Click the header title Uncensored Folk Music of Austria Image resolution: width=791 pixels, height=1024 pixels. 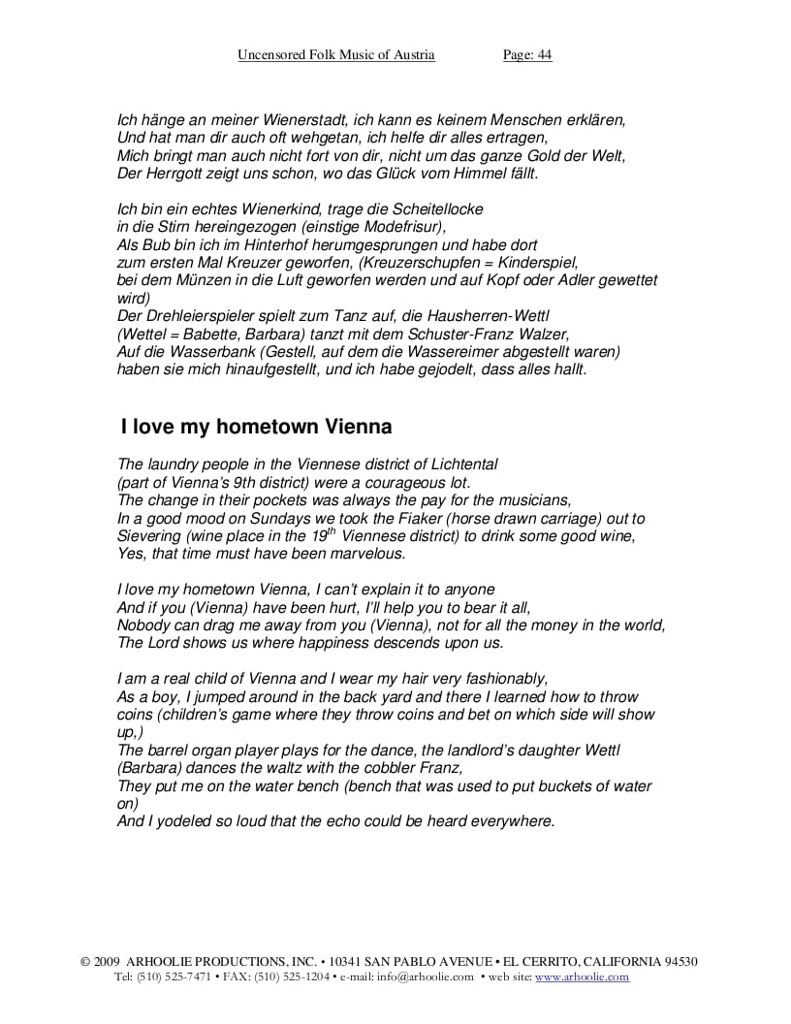[336, 55]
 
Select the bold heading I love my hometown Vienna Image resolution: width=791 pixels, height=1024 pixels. [256, 427]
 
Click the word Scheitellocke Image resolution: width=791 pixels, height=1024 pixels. [438, 209]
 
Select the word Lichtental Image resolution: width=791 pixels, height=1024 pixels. [459, 465]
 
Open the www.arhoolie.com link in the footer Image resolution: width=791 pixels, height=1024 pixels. [582, 977]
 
